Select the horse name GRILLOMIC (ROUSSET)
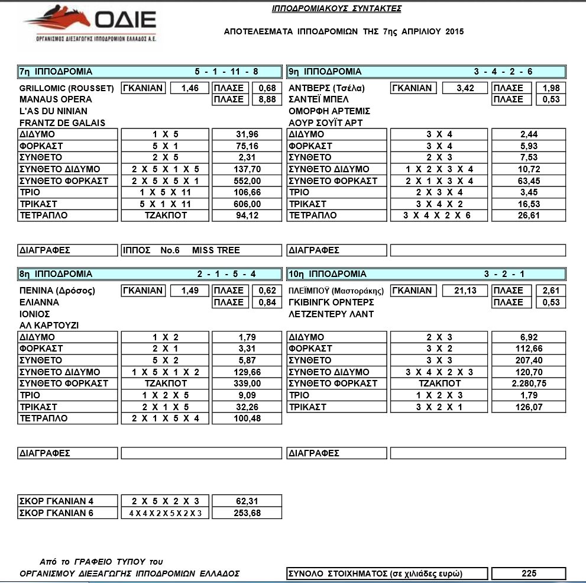pos(66,88)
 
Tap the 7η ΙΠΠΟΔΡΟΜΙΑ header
pos(56,72)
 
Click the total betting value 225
pos(528,574)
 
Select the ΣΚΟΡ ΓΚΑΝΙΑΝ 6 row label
pos(57,513)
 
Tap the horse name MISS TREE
pos(216,250)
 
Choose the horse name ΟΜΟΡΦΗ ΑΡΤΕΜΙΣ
pos(329,111)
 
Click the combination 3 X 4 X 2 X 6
pos(437,215)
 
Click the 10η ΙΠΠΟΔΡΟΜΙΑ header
pos(328,274)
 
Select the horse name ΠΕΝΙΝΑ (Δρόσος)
pos(57,291)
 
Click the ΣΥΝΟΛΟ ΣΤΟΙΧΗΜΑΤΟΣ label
pos(375,574)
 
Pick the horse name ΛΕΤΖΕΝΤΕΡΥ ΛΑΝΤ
pos(331,314)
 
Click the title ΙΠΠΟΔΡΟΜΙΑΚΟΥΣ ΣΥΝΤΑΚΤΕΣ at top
pos(336,9)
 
